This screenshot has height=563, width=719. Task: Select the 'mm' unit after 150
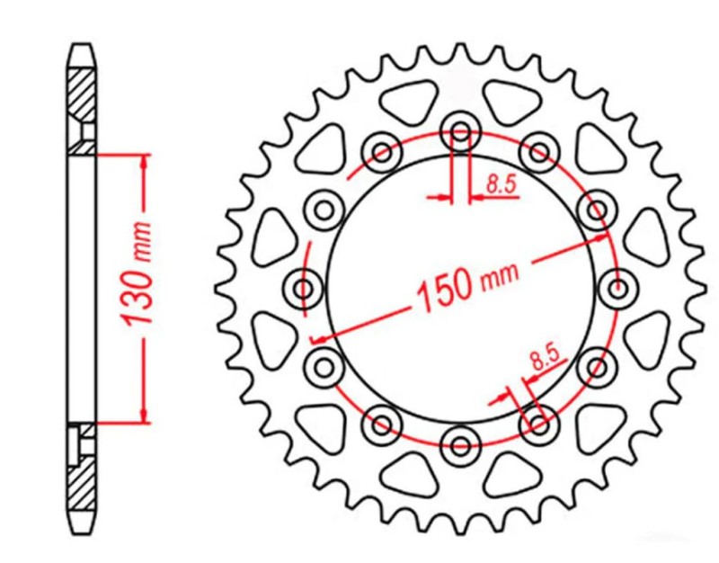tap(497, 275)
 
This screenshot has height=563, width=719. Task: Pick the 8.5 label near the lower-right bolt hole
tap(544, 360)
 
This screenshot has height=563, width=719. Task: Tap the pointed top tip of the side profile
tap(82, 42)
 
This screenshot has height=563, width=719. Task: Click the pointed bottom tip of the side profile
tap(82, 531)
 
